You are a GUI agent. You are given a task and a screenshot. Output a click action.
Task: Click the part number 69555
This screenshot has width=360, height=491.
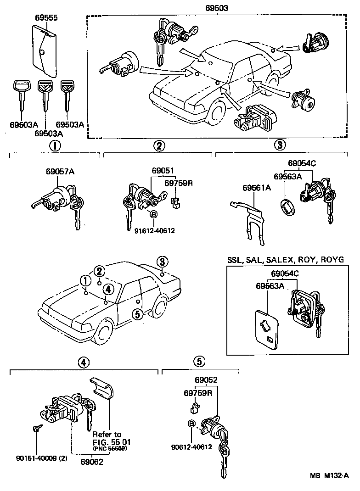click(x=46, y=18)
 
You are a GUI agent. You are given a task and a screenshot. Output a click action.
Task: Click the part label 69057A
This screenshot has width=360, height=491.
click(x=60, y=172)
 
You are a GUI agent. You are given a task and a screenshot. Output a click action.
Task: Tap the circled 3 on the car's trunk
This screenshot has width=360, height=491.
click(x=162, y=262)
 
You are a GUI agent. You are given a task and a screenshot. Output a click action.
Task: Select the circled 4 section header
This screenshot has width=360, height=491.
click(x=83, y=362)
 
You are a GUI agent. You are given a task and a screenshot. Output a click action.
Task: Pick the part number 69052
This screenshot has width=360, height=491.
click(x=206, y=380)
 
